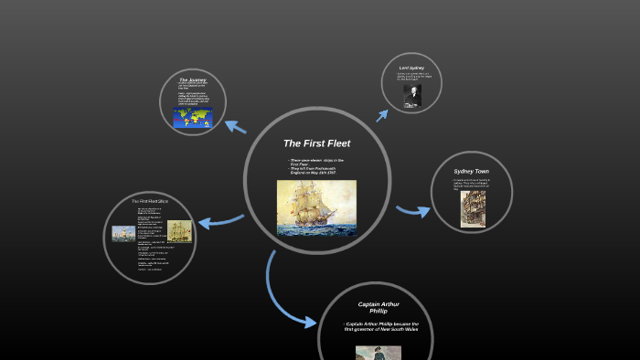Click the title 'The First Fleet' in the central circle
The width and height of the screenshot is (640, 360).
point(316,143)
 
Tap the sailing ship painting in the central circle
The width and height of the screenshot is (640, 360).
point(316,207)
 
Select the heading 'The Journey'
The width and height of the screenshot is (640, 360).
point(193,80)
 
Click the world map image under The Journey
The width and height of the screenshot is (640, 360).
point(193,118)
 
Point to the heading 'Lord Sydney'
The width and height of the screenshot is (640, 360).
point(411,68)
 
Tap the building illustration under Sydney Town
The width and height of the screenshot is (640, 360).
point(473,208)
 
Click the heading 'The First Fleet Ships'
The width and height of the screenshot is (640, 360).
point(150,201)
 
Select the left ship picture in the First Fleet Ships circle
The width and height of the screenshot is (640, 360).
point(123,233)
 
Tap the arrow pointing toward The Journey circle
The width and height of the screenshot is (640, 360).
point(234,126)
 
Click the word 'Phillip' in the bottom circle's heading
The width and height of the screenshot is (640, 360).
point(379,312)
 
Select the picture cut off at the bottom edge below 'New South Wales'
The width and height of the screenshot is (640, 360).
point(379,353)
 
